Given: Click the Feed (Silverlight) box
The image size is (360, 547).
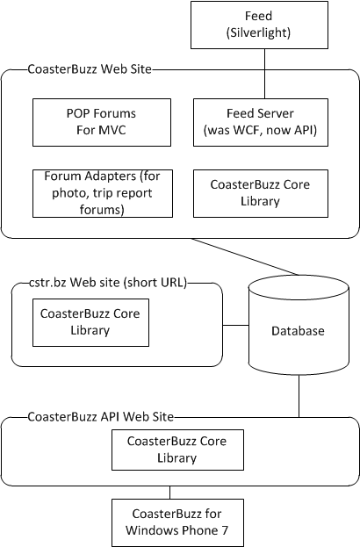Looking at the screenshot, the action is [259, 25].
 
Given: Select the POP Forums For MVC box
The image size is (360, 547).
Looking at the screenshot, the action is [102, 122].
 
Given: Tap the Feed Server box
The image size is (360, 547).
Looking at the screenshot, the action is [261, 122].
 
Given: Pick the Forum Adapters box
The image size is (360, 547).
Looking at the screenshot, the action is [103, 193].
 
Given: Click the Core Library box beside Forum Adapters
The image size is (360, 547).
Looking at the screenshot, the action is [261, 193].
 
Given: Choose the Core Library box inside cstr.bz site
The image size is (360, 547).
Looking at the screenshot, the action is [90, 322].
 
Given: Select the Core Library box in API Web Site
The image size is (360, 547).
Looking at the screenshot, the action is [177, 450].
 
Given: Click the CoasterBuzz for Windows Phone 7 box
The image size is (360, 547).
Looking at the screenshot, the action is [177, 522].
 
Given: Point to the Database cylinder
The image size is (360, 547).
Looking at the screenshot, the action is [299, 325].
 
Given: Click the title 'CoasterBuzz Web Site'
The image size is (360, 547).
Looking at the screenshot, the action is [90, 69].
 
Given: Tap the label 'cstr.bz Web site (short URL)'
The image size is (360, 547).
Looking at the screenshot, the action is [108, 282].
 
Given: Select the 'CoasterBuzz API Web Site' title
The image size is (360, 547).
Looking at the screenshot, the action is [100, 416].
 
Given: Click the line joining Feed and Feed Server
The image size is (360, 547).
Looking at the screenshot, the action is [264, 74].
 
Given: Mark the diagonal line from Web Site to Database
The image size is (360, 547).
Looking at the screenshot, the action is [245, 256].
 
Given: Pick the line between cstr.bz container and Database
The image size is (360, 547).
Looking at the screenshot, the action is [235, 325].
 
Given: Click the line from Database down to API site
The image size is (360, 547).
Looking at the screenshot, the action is [299, 396].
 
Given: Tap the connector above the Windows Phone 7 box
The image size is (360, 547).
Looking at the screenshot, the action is [169, 493].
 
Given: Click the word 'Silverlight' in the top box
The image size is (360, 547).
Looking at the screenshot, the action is [258, 32].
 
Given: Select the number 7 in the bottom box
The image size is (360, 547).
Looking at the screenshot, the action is [225, 530].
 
